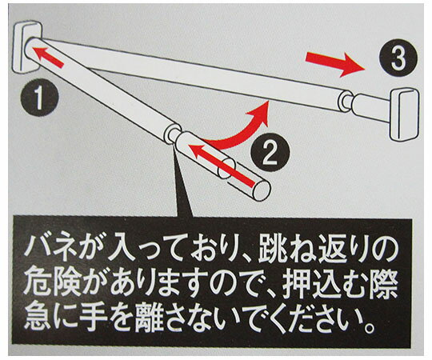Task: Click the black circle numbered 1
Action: [39, 98]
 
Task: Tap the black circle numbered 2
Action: [270, 153]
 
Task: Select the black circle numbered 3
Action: [398, 58]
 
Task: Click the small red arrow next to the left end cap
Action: [50, 57]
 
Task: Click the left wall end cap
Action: [27, 47]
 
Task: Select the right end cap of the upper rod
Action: [405, 114]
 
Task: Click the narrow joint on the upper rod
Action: [346, 101]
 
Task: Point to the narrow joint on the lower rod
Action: [173, 134]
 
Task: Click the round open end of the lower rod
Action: [262, 190]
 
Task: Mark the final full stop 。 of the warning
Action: [369, 327]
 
